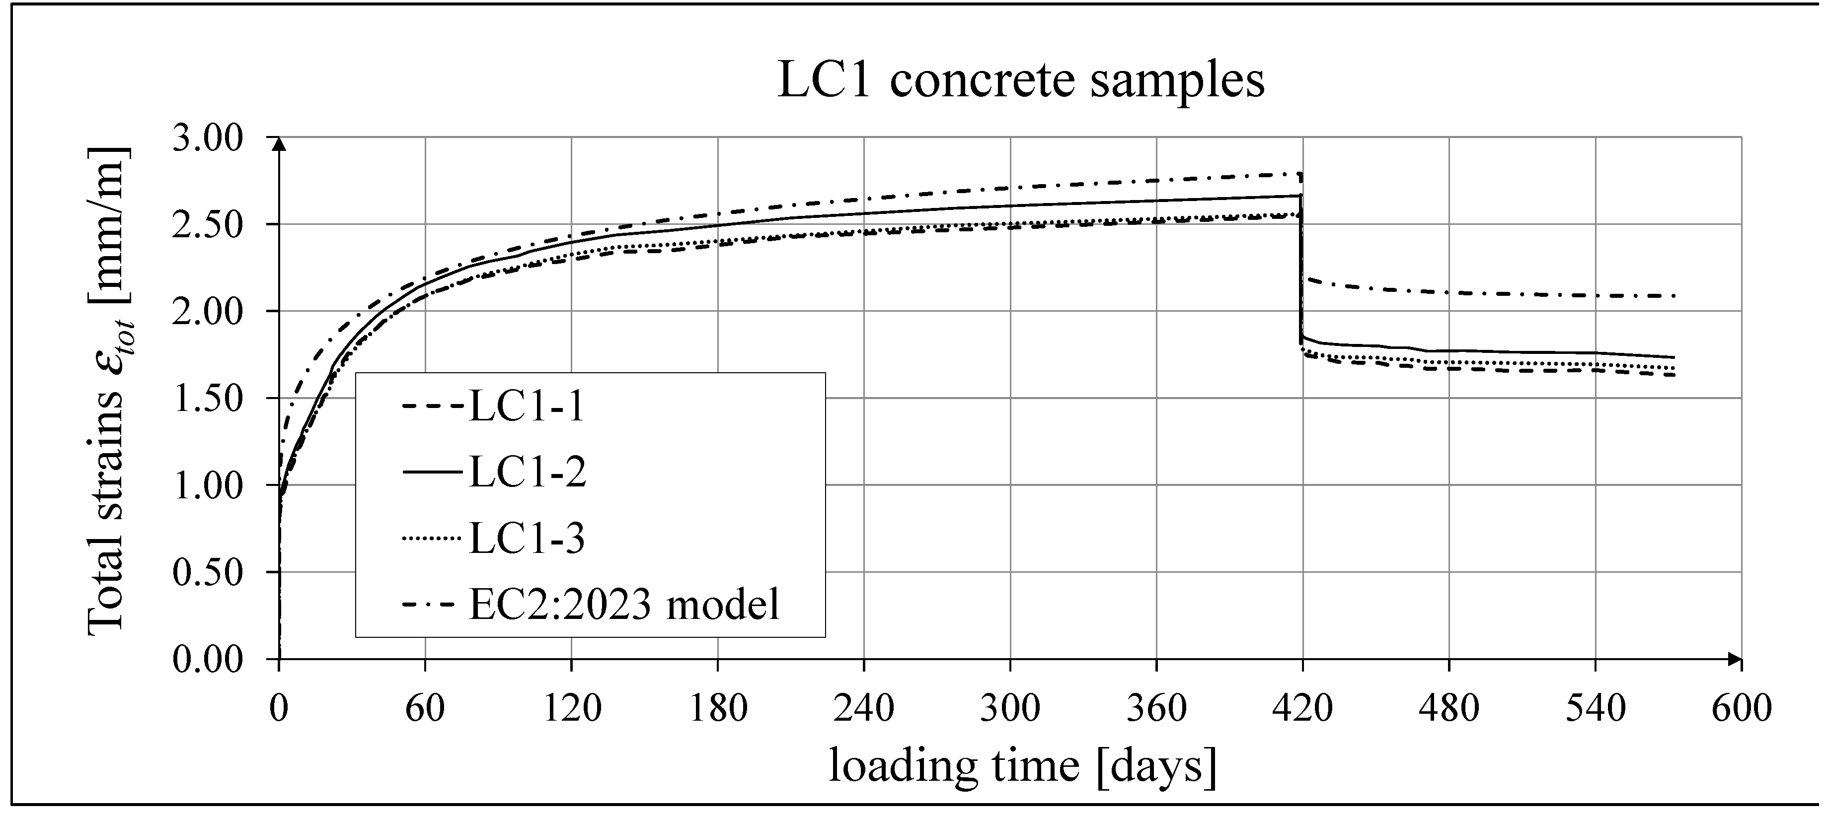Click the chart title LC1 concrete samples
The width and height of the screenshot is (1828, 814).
click(1020, 79)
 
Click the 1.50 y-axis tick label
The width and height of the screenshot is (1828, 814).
click(208, 399)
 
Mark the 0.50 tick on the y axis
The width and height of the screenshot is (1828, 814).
click(208, 572)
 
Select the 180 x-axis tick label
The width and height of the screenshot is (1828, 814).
click(718, 708)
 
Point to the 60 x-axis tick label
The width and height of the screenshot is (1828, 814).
click(425, 708)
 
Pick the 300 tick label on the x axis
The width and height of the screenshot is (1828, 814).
click(1010, 708)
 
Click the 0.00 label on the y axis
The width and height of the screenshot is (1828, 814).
click(208, 660)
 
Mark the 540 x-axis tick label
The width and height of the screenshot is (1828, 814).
click(1595, 708)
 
